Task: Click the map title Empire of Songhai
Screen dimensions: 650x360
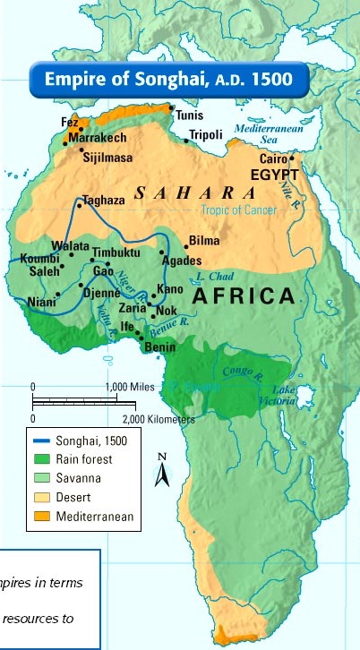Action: point(169,79)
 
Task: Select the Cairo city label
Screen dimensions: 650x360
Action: point(272,159)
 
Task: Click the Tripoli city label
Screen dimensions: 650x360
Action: point(205,135)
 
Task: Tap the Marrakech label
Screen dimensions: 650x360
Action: point(99,141)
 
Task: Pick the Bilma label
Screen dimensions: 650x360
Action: point(204,242)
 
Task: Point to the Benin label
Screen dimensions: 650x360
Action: point(159,346)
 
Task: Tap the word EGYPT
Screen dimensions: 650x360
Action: point(276,174)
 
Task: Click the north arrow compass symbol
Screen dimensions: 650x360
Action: point(162,470)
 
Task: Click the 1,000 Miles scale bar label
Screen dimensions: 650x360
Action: point(130,386)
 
